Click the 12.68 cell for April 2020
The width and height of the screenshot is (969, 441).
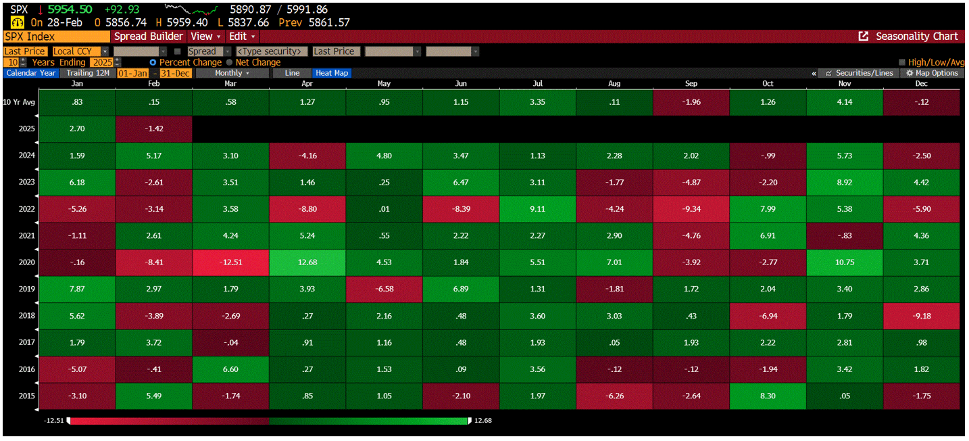tap(307, 262)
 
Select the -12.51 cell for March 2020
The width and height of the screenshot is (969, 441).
tap(230, 262)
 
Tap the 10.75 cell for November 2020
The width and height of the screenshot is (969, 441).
tap(844, 262)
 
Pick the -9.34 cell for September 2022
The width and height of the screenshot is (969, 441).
tap(691, 209)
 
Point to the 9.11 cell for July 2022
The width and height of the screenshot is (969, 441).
tap(537, 209)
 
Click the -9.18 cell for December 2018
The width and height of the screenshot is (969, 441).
tap(921, 316)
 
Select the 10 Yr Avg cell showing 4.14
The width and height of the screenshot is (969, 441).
tap(844, 102)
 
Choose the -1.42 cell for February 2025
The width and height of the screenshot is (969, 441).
tap(154, 129)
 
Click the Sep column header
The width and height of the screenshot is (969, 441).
tap(691, 84)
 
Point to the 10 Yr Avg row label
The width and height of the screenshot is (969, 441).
tap(20, 102)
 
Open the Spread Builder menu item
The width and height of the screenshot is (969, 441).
tap(148, 37)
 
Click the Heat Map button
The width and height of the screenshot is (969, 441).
tap(332, 73)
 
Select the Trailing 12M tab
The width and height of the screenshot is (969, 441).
tap(87, 73)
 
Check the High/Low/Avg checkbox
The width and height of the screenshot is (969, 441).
tap(902, 62)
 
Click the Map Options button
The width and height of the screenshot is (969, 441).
tap(933, 73)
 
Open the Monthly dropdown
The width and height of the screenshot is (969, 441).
tap(232, 73)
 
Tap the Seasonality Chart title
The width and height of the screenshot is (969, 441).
tap(916, 37)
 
